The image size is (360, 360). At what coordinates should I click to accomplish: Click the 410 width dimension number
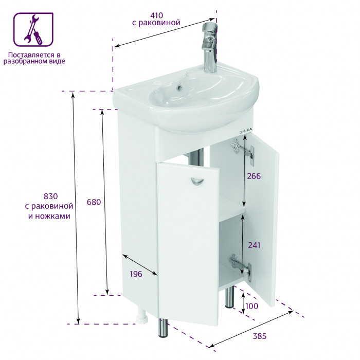pyautogui.click(x=156, y=15)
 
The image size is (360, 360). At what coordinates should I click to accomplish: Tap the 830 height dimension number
pyautogui.click(x=50, y=196)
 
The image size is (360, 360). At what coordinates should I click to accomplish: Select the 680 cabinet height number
pyautogui.click(x=94, y=202)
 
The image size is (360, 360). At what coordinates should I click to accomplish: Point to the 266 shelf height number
pyautogui.click(x=254, y=176)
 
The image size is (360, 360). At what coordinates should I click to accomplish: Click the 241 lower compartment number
pyautogui.click(x=254, y=245)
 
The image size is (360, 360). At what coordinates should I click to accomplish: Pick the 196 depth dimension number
pyautogui.click(x=136, y=274)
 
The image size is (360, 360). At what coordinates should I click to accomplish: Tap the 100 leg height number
pyautogui.click(x=251, y=306)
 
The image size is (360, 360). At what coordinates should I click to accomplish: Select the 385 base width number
pyautogui.click(x=259, y=336)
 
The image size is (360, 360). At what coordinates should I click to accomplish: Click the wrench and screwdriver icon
pyautogui.click(x=33, y=29)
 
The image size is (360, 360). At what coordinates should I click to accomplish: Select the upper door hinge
pyautogui.click(x=242, y=151)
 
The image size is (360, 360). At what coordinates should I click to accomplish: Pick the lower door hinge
pyautogui.click(x=240, y=266)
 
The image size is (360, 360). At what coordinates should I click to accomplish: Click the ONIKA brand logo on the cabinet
pyautogui.click(x=245, y=131)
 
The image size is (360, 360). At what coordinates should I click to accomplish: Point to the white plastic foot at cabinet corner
pyautogui.click(x=142, y=316)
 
